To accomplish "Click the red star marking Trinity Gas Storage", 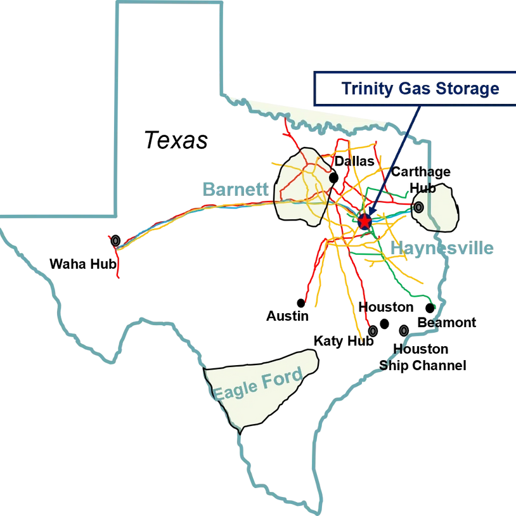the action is tap(365, 221).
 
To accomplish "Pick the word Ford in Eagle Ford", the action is tap(282, 378).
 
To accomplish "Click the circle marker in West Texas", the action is tap(115, 240).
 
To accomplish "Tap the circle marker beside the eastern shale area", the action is tap(418, 207).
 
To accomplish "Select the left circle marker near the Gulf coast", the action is tap(373, 331).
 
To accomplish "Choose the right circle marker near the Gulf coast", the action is tap(404, 330).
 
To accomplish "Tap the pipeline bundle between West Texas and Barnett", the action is tap(197, 210).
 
